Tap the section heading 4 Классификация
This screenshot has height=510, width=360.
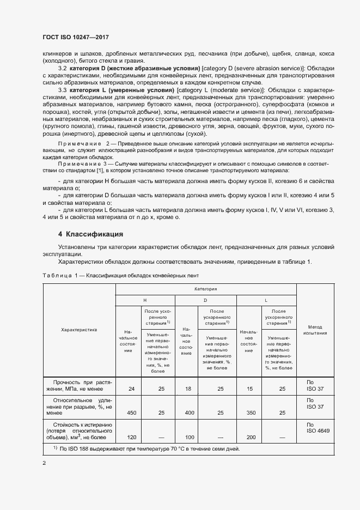[x=90, y=235]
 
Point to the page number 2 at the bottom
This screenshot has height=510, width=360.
[x=44, y=464]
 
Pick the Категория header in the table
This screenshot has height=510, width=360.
[x=205, y=289]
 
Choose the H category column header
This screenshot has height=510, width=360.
[x=145, y=300]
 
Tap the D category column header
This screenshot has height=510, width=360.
[x=205, y=300]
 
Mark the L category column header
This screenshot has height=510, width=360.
[x=266, y=300]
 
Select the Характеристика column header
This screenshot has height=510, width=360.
[x=78, y=329]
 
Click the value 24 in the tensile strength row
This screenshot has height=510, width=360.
[x=131, y=389]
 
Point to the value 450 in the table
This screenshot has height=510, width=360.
[x=131, y=413]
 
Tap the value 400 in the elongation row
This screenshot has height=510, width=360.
[x=188, y=413]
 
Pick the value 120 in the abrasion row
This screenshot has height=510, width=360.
[x=131, y=438]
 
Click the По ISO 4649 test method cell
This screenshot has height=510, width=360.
[x=315, y=428]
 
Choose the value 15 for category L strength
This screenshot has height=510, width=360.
[x=250, y=389]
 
